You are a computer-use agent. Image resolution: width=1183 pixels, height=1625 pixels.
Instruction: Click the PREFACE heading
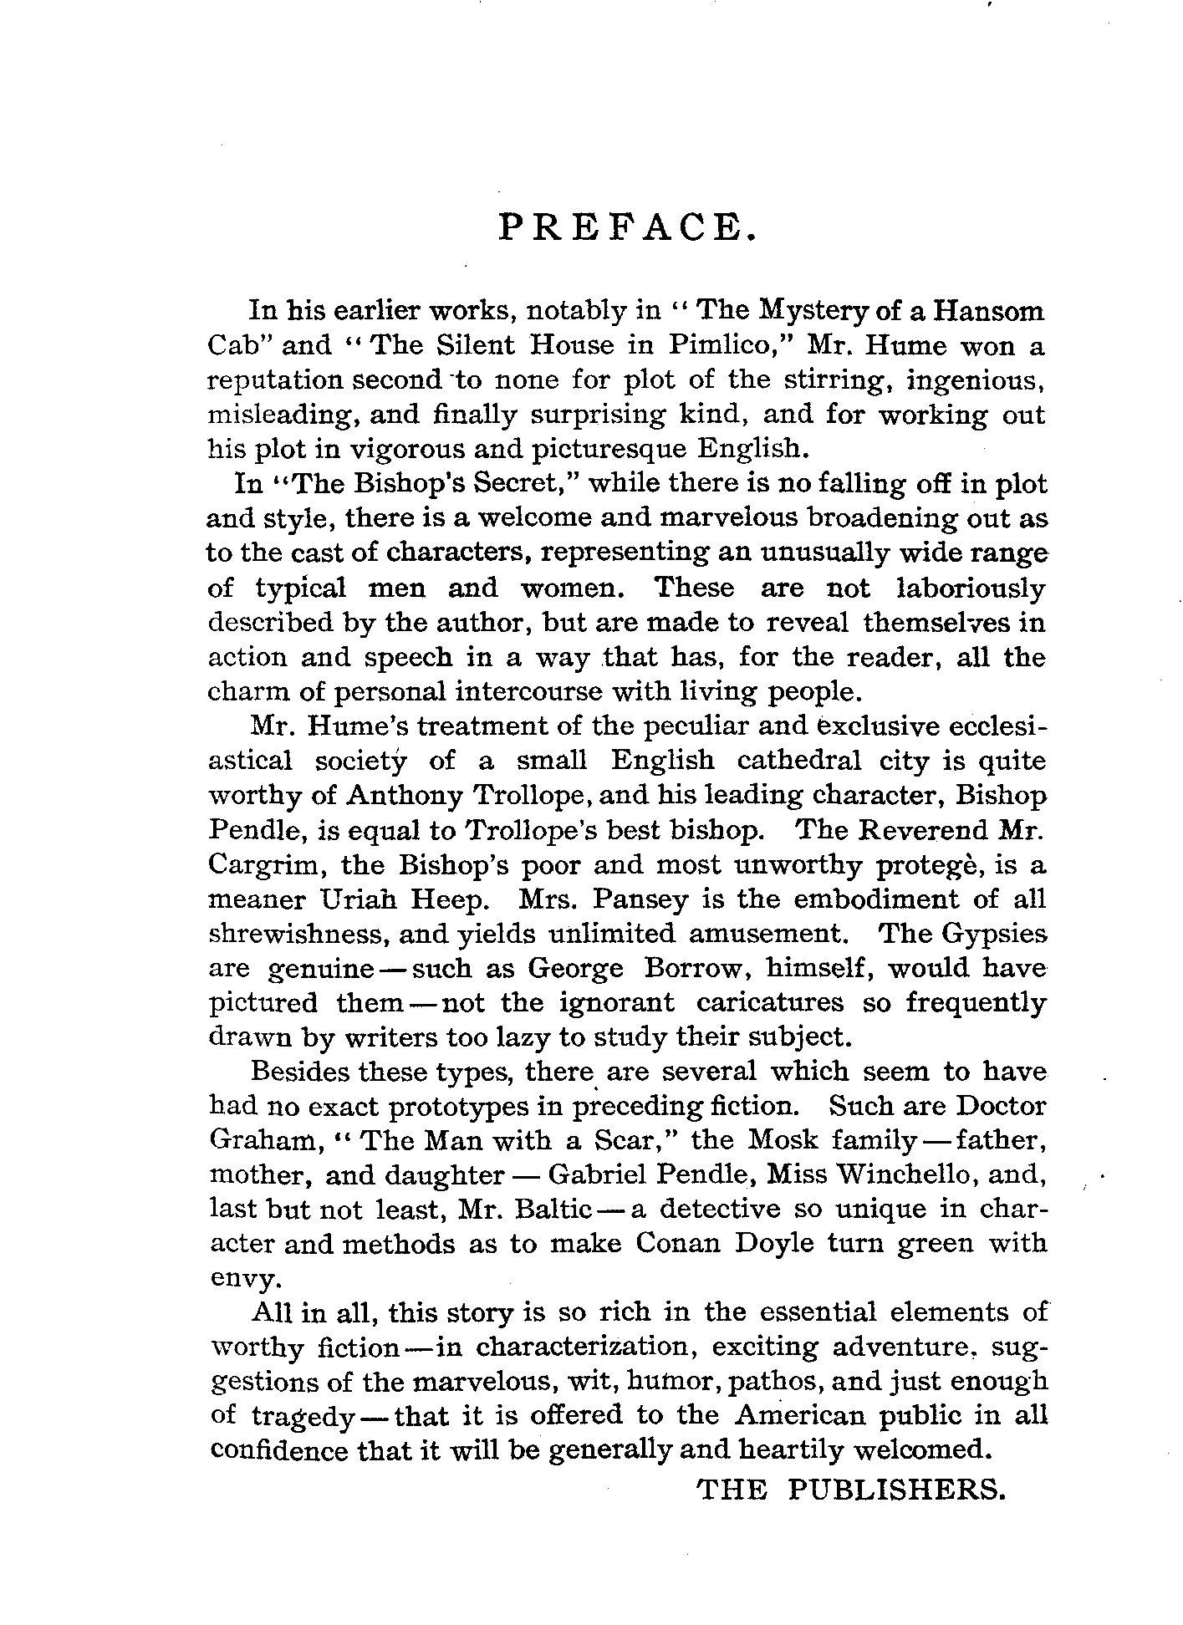click(x=627, y=227)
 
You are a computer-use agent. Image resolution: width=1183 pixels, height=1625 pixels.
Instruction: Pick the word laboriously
click(x=971, y=588)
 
